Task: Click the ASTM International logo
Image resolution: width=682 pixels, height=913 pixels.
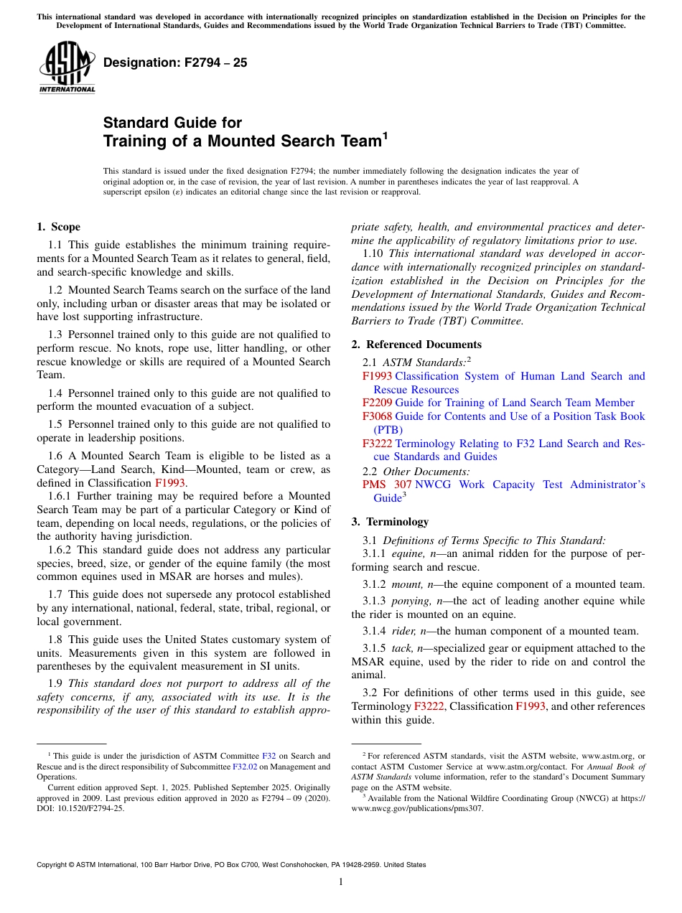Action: pyautogui.click(x=67, y=68)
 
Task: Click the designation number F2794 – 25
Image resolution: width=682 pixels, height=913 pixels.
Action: pyautogui.click(x=175, y=63)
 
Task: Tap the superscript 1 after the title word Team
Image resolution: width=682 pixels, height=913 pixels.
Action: pyautogui.click(x=385, y=135)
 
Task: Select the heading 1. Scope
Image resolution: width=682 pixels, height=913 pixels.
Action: pyautogui.click(x=58, y=227)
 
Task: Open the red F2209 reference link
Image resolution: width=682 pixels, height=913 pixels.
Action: pyautogui.click(x=377, y=403)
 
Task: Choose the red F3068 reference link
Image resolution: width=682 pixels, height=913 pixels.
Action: pyautogui.click(x=377, y=416)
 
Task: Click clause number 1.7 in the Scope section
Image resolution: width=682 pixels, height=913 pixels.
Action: pyautogui.click(x=56, y=594)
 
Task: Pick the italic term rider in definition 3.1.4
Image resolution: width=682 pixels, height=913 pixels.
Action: pyautogui.click(x=403, y=631)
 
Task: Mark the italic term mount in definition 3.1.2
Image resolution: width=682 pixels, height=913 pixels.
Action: pyautogui.click(x=406, y=584)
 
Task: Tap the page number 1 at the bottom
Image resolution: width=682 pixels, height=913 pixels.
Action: pyautogui.click(x=341, y=882)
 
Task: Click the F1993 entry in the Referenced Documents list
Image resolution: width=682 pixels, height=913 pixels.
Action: pyautogui.click(x=377, y=376)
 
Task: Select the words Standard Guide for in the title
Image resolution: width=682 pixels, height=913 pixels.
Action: pyautogui.click(x=172, y=123)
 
